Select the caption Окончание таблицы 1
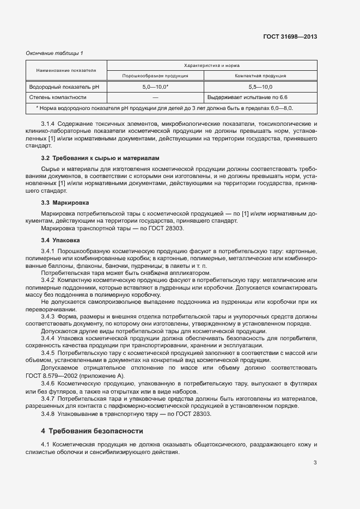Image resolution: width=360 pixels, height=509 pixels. [x=54, y=53]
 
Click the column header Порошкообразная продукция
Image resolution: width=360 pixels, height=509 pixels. [x=155, y=76]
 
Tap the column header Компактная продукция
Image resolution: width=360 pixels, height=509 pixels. [x=260, y=76]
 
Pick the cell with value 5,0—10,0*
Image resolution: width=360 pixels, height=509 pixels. [x=155, y=87]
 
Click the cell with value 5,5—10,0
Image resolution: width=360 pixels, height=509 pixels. [x=260, y=87]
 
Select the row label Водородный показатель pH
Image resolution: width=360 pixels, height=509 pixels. [x=59, y=87]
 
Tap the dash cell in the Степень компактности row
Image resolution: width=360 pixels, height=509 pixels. [x=155, y=97]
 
